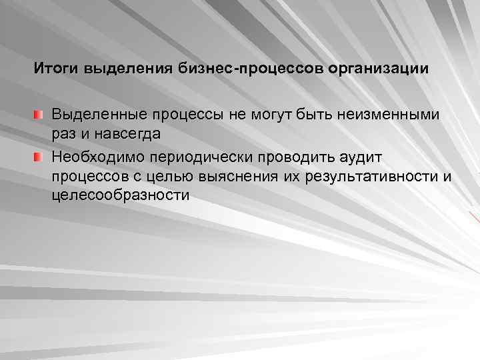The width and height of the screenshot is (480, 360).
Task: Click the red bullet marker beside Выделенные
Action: [x=41, y=116]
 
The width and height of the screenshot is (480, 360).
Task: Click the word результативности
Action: [x=370, y=176]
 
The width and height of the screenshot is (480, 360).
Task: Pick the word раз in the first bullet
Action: [x=63, y=133]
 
